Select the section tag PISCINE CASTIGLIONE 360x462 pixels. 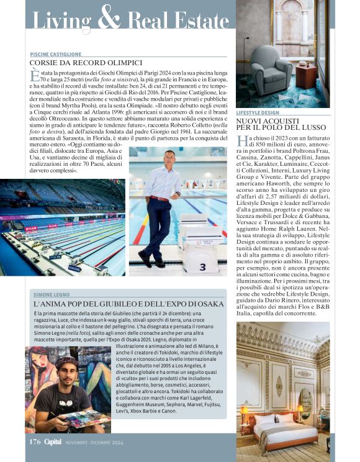tap(56, 54)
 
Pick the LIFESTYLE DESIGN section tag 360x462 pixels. tap(258, 113)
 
